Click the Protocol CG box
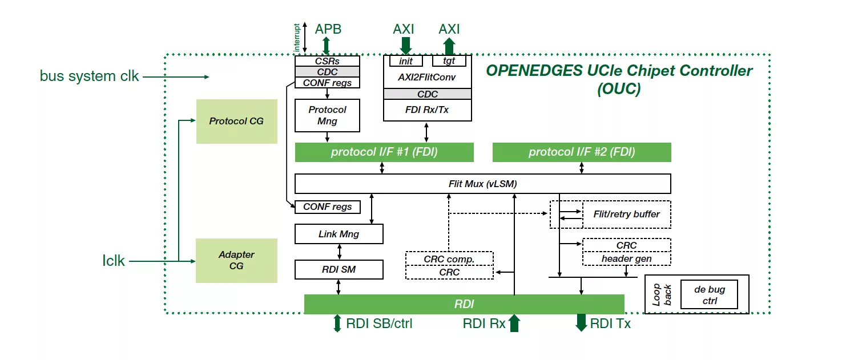pyautogui.click(x=236, y=122)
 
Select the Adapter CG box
pyautogui.click(x=236, y=260)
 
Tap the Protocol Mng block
pyautogui.click(x=327, y=115)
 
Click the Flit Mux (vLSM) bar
pyautogui.click(x=482, y=184)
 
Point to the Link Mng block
pyautogui.click(x=339, y=234)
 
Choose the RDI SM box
pyautogui.click(x=339, y=269)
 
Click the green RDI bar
pyautogui.click(x=464, y=304)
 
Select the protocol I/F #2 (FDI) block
pyautogui.click(x=582, y=152)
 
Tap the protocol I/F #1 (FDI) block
pyautogui.click(x=384, y=152)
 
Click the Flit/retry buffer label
pyautogui.click(x=626, y=215)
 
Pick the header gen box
pyautogui.click(x=626, y=258)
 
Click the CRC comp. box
pyautogui.click(x=449, y=258)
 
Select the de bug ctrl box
pyautogui.click(x=709, y=295)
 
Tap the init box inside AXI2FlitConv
pyautogui.click(x=406, y=60)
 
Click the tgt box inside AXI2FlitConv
pyautogui.click(x=449, y=60)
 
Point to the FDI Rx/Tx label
pyautogui.click(x=427, y=110)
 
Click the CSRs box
pyautogui.click(x=327, y=60)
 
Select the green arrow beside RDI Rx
pyautogui.click(x=514, y=323)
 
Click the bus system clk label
pyautogui.click(x=89, y=76)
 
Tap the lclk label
pyautogui.click(x=114, y=261)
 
